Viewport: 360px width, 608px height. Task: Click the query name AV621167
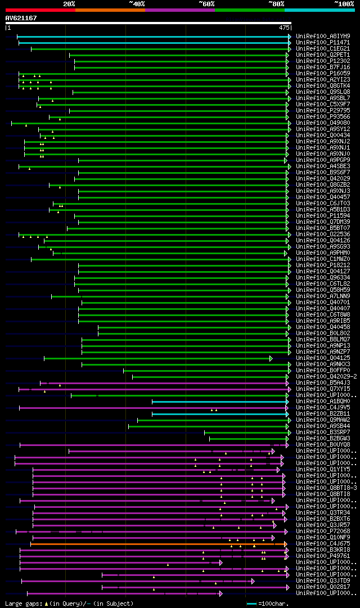point(21,18)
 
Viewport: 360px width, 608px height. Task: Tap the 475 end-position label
point(284,27)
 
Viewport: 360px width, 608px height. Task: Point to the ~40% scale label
point(137,3)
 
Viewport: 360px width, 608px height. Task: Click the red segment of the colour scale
point(40,10)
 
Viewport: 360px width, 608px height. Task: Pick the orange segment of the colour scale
point(110,10)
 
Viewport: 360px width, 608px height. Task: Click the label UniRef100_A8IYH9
point(323,36)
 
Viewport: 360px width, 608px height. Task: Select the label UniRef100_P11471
point(323,42)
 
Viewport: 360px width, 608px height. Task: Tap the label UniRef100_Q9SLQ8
point(323,92)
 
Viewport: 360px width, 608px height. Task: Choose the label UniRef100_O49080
point(323,123)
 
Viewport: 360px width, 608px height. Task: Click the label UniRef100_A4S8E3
point(323,166)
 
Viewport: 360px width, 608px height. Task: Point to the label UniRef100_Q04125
point(323,358)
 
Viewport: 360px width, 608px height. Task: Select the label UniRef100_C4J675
point(323,543)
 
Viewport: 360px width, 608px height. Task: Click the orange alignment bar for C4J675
point(157,544)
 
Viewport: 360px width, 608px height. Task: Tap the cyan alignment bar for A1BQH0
point(219,402)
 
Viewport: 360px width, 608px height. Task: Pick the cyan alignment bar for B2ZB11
point(219,414)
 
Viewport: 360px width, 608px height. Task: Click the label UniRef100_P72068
point(323,531)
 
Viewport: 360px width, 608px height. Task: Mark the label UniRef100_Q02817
point(323,587)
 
